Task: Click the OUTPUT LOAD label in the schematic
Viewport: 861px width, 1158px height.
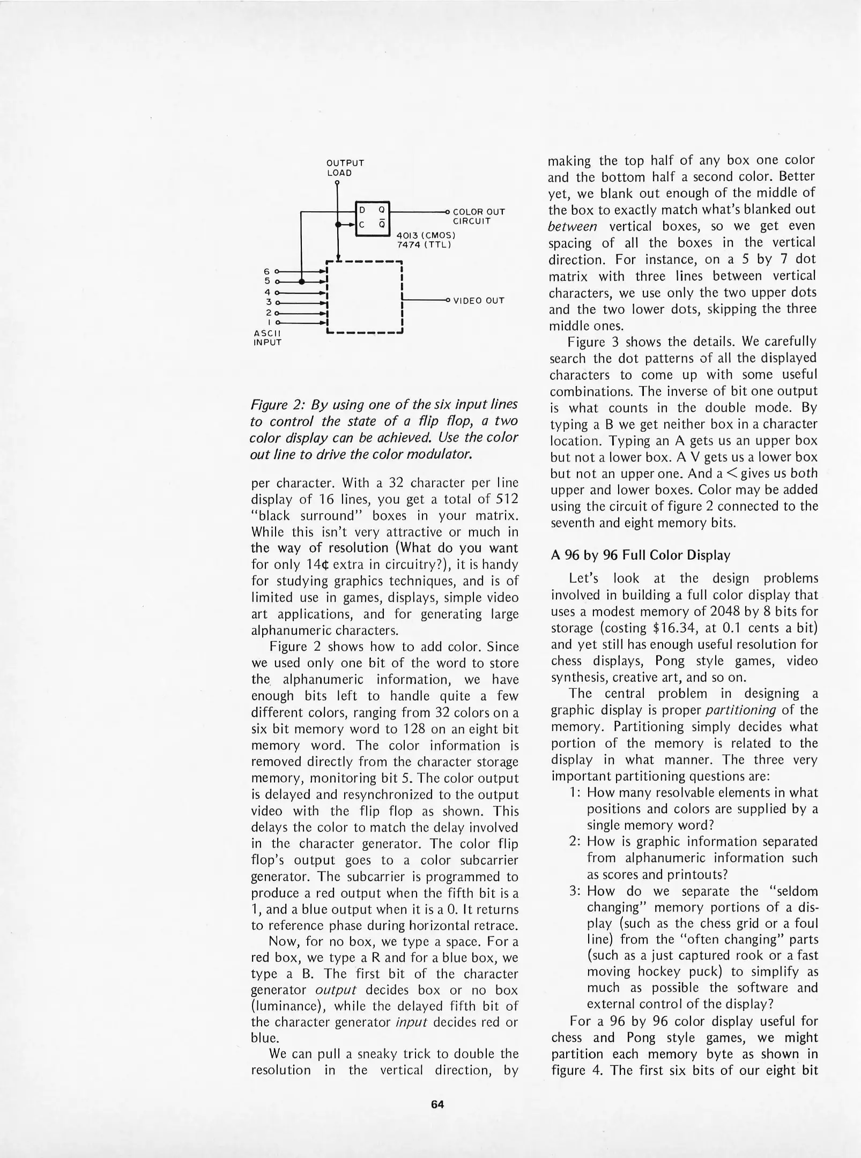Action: pyautogui.click(x=345, y=168)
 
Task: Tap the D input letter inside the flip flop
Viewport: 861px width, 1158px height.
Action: pyautogui.click(x=362, y=211)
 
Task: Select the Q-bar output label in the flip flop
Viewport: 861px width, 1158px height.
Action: pyautogui.click(x=381, y=225)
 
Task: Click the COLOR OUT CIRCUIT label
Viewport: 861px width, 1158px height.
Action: pyautogui.click(x=478, y=216)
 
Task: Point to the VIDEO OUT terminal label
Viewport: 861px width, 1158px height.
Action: pyautogui.click(x=479, y=301)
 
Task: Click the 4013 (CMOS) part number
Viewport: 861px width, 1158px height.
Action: pyautogui.click(x=426, y=235)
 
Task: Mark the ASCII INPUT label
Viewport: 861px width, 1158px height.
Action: pyautogui.click(x=266, y=337)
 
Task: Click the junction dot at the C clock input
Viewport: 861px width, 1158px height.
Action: pyautogui.click(x=337, y=225)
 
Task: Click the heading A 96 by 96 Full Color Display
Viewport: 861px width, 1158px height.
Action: pyautogui.click(x=640, y=555)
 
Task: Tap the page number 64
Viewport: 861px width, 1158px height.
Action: pyautogui.click(x=437, y=1104)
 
